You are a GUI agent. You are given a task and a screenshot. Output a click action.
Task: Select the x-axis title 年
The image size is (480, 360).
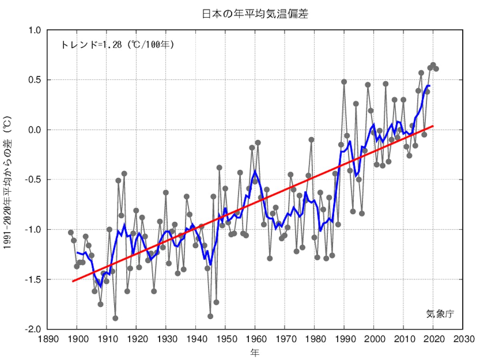click(x=255, y=352)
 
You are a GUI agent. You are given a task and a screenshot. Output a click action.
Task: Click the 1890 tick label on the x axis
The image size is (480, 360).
click(x=47, y=339)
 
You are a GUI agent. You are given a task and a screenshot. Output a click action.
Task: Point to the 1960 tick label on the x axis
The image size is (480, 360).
click(x=255, y=339)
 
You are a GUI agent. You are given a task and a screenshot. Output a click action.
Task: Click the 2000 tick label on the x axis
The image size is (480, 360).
click(x=374, y=339)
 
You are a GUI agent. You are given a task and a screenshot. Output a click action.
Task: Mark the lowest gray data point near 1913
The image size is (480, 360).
click(x=115, y=318)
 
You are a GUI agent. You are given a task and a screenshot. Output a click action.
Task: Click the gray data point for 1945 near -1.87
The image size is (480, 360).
click(x=210, y=316)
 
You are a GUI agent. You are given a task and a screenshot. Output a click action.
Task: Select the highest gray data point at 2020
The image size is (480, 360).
click(x=433, y=65)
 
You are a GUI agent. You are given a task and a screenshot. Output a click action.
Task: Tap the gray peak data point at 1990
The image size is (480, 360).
click(x=344, y=82)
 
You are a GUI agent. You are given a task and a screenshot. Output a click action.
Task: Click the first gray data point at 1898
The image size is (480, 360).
click(x=71, y=232)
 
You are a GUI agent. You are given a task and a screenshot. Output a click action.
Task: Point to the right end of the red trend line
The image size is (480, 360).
click(x=433, y=126)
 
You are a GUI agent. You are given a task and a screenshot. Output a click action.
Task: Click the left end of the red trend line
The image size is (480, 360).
click(x=72, y=281)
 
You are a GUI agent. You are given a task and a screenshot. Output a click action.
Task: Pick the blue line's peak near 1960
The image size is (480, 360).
click(x=255, y=171)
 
